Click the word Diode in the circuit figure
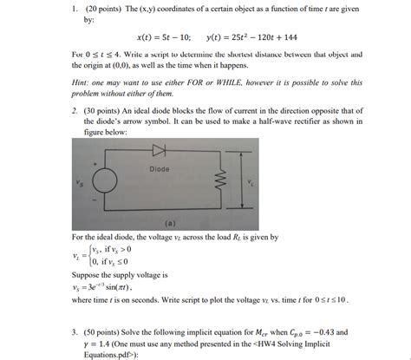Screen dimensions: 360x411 pyautogui.click(x=159, y=169)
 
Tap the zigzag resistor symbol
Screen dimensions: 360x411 pyautogui.click(x=221, y=182)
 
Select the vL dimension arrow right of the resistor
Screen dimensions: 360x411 pyautogui.click(x=251, y=182)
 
